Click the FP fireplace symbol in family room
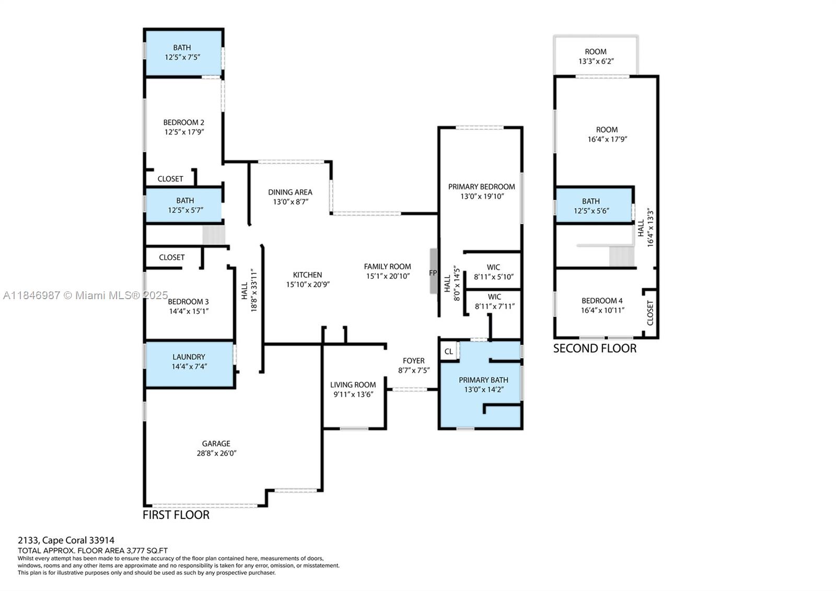(x=433, y=272)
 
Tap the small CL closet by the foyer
(x=449, y=351)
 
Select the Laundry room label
(x=189, y=357)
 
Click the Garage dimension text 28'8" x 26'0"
(x=216, y=453)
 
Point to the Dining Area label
(x=290, y=192)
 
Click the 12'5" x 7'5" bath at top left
(x=182, y=52)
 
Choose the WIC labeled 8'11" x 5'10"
(x=493, y=272)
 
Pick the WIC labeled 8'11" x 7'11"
(x=494, y=302)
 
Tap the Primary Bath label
(x=483, y=380)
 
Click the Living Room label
(x=353, y=385)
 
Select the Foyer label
(x=413, y=361)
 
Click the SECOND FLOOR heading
(x=595, y=349)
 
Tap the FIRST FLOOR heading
(x=176, y=515)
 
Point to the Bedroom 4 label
(x=602, y=301)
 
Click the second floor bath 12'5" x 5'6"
(x=591, y=206)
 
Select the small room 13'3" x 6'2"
(x=596, y=56)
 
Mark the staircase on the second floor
(x=621, y=256)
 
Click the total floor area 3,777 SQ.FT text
(x=93, y=550)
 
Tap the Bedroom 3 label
(x=188, y=302)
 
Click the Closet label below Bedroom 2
(x=170, y=179)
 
